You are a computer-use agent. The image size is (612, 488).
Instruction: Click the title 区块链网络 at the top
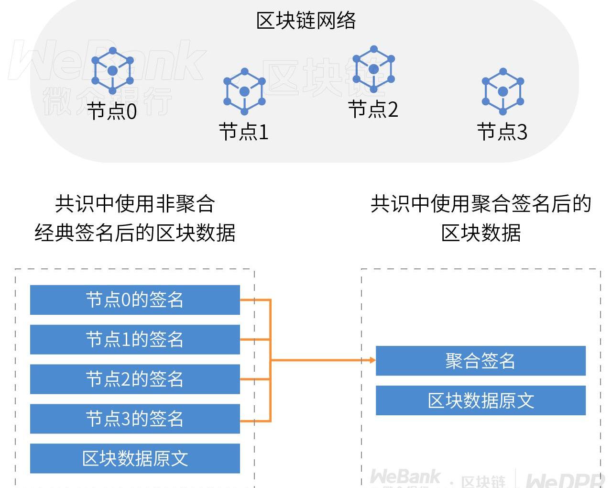click(x=306, y=21)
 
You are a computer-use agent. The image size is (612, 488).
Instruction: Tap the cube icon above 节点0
click(x=112, y=71)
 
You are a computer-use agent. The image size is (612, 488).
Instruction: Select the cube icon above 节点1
click(x=244, y=91)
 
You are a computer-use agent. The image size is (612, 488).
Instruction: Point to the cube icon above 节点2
click(x=374, y=69)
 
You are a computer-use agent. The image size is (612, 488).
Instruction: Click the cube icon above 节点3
click(x=503, y=91)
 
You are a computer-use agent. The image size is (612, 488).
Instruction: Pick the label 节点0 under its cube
click(x=112, y=111)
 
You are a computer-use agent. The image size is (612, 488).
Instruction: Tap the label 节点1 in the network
click(x=244, y=132)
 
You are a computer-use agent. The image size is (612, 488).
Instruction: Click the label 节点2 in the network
click(x=373, y=110)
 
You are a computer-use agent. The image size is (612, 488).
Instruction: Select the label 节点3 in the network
click(x=502, y=132)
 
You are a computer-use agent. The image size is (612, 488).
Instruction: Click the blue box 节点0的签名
click(x=135, y=300)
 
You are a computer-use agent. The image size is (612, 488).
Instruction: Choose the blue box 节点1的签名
click(x=135, y=340)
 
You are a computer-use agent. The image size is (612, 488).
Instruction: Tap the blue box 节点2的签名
click(x=135, y=379)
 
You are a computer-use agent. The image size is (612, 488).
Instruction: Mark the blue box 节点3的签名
click(x=135, y=419)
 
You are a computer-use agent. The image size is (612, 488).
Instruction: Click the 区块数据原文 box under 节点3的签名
click(x=135, y=458)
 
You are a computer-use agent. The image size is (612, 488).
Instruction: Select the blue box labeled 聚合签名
click(x=481, y=361)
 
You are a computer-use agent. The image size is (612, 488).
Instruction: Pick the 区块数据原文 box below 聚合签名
click(x=481, y=400)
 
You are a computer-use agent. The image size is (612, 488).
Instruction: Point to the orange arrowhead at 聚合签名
click(x=372, y=360)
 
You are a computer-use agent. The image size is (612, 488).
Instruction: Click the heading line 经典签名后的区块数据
click(x=135, y=233)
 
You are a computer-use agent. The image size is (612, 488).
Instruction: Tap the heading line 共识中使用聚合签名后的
click(x=481, y=204)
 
